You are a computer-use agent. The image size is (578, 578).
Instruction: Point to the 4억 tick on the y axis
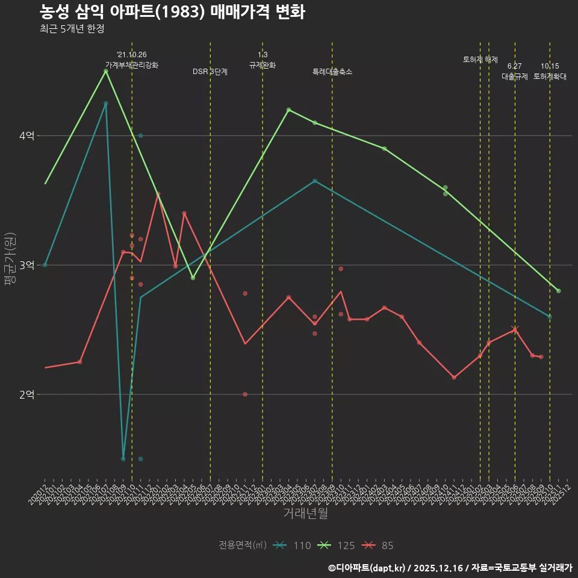click(x=26, y=136)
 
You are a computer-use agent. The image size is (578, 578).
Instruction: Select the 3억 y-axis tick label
click(x=26, y=265)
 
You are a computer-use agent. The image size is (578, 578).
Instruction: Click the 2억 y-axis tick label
click(x=26, y=394)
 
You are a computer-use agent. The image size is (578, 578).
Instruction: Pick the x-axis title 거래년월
click(x=305, y=514)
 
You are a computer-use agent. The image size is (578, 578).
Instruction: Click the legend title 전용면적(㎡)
click(x=243, y=545)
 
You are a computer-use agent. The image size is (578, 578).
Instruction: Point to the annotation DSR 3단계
click(x=210, y=72)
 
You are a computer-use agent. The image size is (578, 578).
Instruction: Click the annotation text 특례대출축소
click(x=332, y=72)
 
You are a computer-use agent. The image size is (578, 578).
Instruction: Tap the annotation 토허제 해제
click(x=480, y=60)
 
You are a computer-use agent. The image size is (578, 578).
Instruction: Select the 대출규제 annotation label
click(x=515, y=76)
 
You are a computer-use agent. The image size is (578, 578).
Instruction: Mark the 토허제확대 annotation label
click(x=550, y=76)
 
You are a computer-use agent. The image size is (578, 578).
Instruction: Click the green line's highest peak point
click(x=106, y=71)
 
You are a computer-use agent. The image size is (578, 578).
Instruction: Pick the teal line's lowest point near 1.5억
click(x=123, y=459)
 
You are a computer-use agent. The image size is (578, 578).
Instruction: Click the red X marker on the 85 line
click(x=515, y=329)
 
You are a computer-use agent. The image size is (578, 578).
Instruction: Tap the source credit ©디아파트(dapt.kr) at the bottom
click(x=368, y=567)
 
